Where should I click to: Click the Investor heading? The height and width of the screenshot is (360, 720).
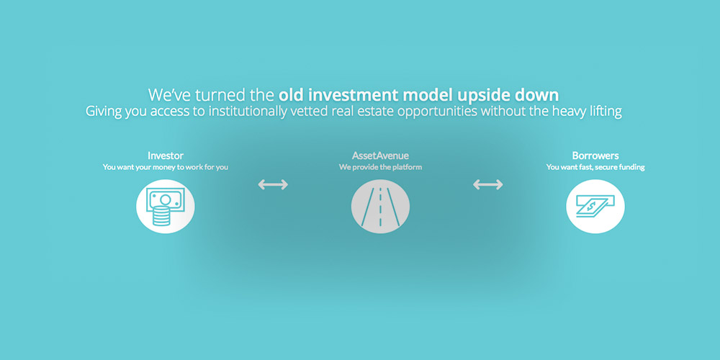tap(166, 156)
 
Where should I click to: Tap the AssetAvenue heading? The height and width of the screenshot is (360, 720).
tap(380, 156)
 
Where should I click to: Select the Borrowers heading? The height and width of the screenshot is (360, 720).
tap(595, 156)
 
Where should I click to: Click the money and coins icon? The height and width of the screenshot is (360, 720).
tap(166, 207)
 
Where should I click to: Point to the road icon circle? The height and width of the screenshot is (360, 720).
tap(380, 207)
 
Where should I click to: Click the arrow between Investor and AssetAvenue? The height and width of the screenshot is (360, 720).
tap(273, 184)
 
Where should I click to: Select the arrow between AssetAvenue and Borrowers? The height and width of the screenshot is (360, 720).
tap(487, 184)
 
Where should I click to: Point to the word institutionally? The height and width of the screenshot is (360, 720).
tap(248, 112)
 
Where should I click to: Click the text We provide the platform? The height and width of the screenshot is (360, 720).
tap(380, 167)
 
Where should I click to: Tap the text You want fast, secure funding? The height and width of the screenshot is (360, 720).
tap(595, 167)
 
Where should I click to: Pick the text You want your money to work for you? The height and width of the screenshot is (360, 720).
tap(166, 167)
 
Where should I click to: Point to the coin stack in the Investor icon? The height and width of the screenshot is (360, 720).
tap(161, 216)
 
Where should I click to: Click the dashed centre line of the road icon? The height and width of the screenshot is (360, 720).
tap(380, 207)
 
